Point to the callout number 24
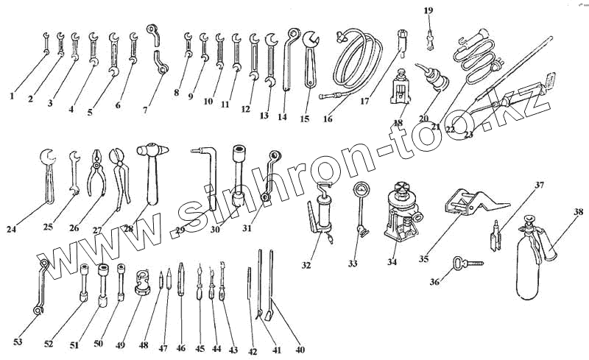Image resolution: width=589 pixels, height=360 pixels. (x=11, y=229)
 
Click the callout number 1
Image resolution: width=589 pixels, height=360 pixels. (x=13, y=95)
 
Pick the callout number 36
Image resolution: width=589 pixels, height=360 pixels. (x=435, y=280)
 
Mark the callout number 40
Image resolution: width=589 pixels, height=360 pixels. (x=300, y=350)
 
